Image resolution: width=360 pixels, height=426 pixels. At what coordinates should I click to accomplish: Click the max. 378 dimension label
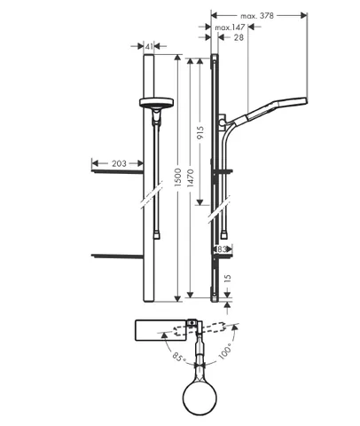257,16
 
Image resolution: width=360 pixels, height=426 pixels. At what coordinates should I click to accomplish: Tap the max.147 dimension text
230,28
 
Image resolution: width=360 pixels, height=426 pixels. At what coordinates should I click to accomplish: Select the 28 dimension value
239,37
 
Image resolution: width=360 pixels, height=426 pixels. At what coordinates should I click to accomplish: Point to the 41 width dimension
149,46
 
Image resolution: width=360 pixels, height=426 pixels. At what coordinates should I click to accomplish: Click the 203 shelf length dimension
119,163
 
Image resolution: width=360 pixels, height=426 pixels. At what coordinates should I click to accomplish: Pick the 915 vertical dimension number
200,133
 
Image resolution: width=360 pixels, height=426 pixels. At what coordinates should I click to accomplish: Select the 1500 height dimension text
177,177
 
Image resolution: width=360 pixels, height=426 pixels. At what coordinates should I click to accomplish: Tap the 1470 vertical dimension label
191,177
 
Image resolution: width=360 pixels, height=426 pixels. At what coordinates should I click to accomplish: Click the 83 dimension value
222,249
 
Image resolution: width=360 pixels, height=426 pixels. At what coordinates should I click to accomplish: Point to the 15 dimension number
227,279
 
